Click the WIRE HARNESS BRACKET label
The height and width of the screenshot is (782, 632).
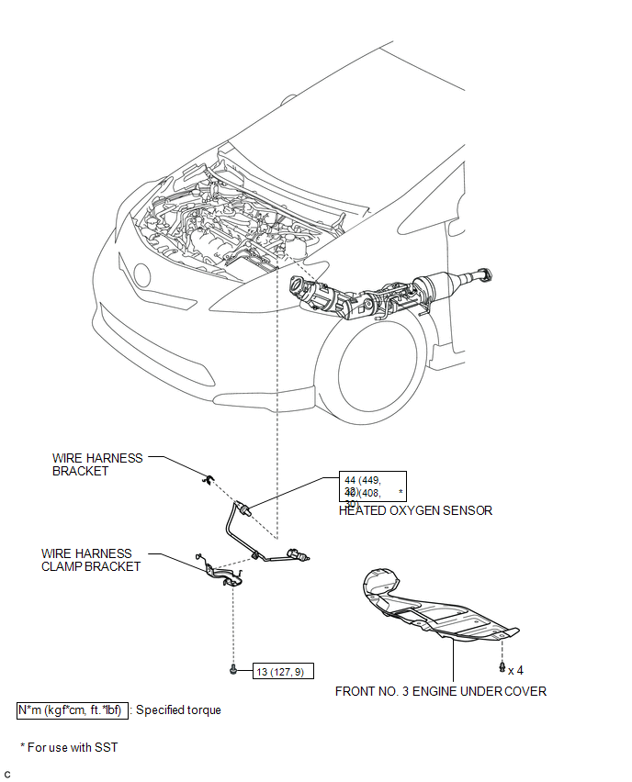coord(97,464)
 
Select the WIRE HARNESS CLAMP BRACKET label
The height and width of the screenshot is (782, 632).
coord(91,560)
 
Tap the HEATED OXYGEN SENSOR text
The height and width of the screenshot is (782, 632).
coord(415,511)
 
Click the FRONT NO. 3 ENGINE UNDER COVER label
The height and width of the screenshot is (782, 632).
coord(441,691)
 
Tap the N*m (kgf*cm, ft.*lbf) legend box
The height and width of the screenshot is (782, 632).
coord(71,709)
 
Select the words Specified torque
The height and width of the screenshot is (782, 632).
coord(178,709)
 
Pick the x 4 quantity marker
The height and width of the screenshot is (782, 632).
coord(516,670)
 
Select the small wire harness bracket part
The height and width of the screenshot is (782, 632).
coord(209,477)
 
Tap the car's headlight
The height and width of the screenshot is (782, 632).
coord(141,274)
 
